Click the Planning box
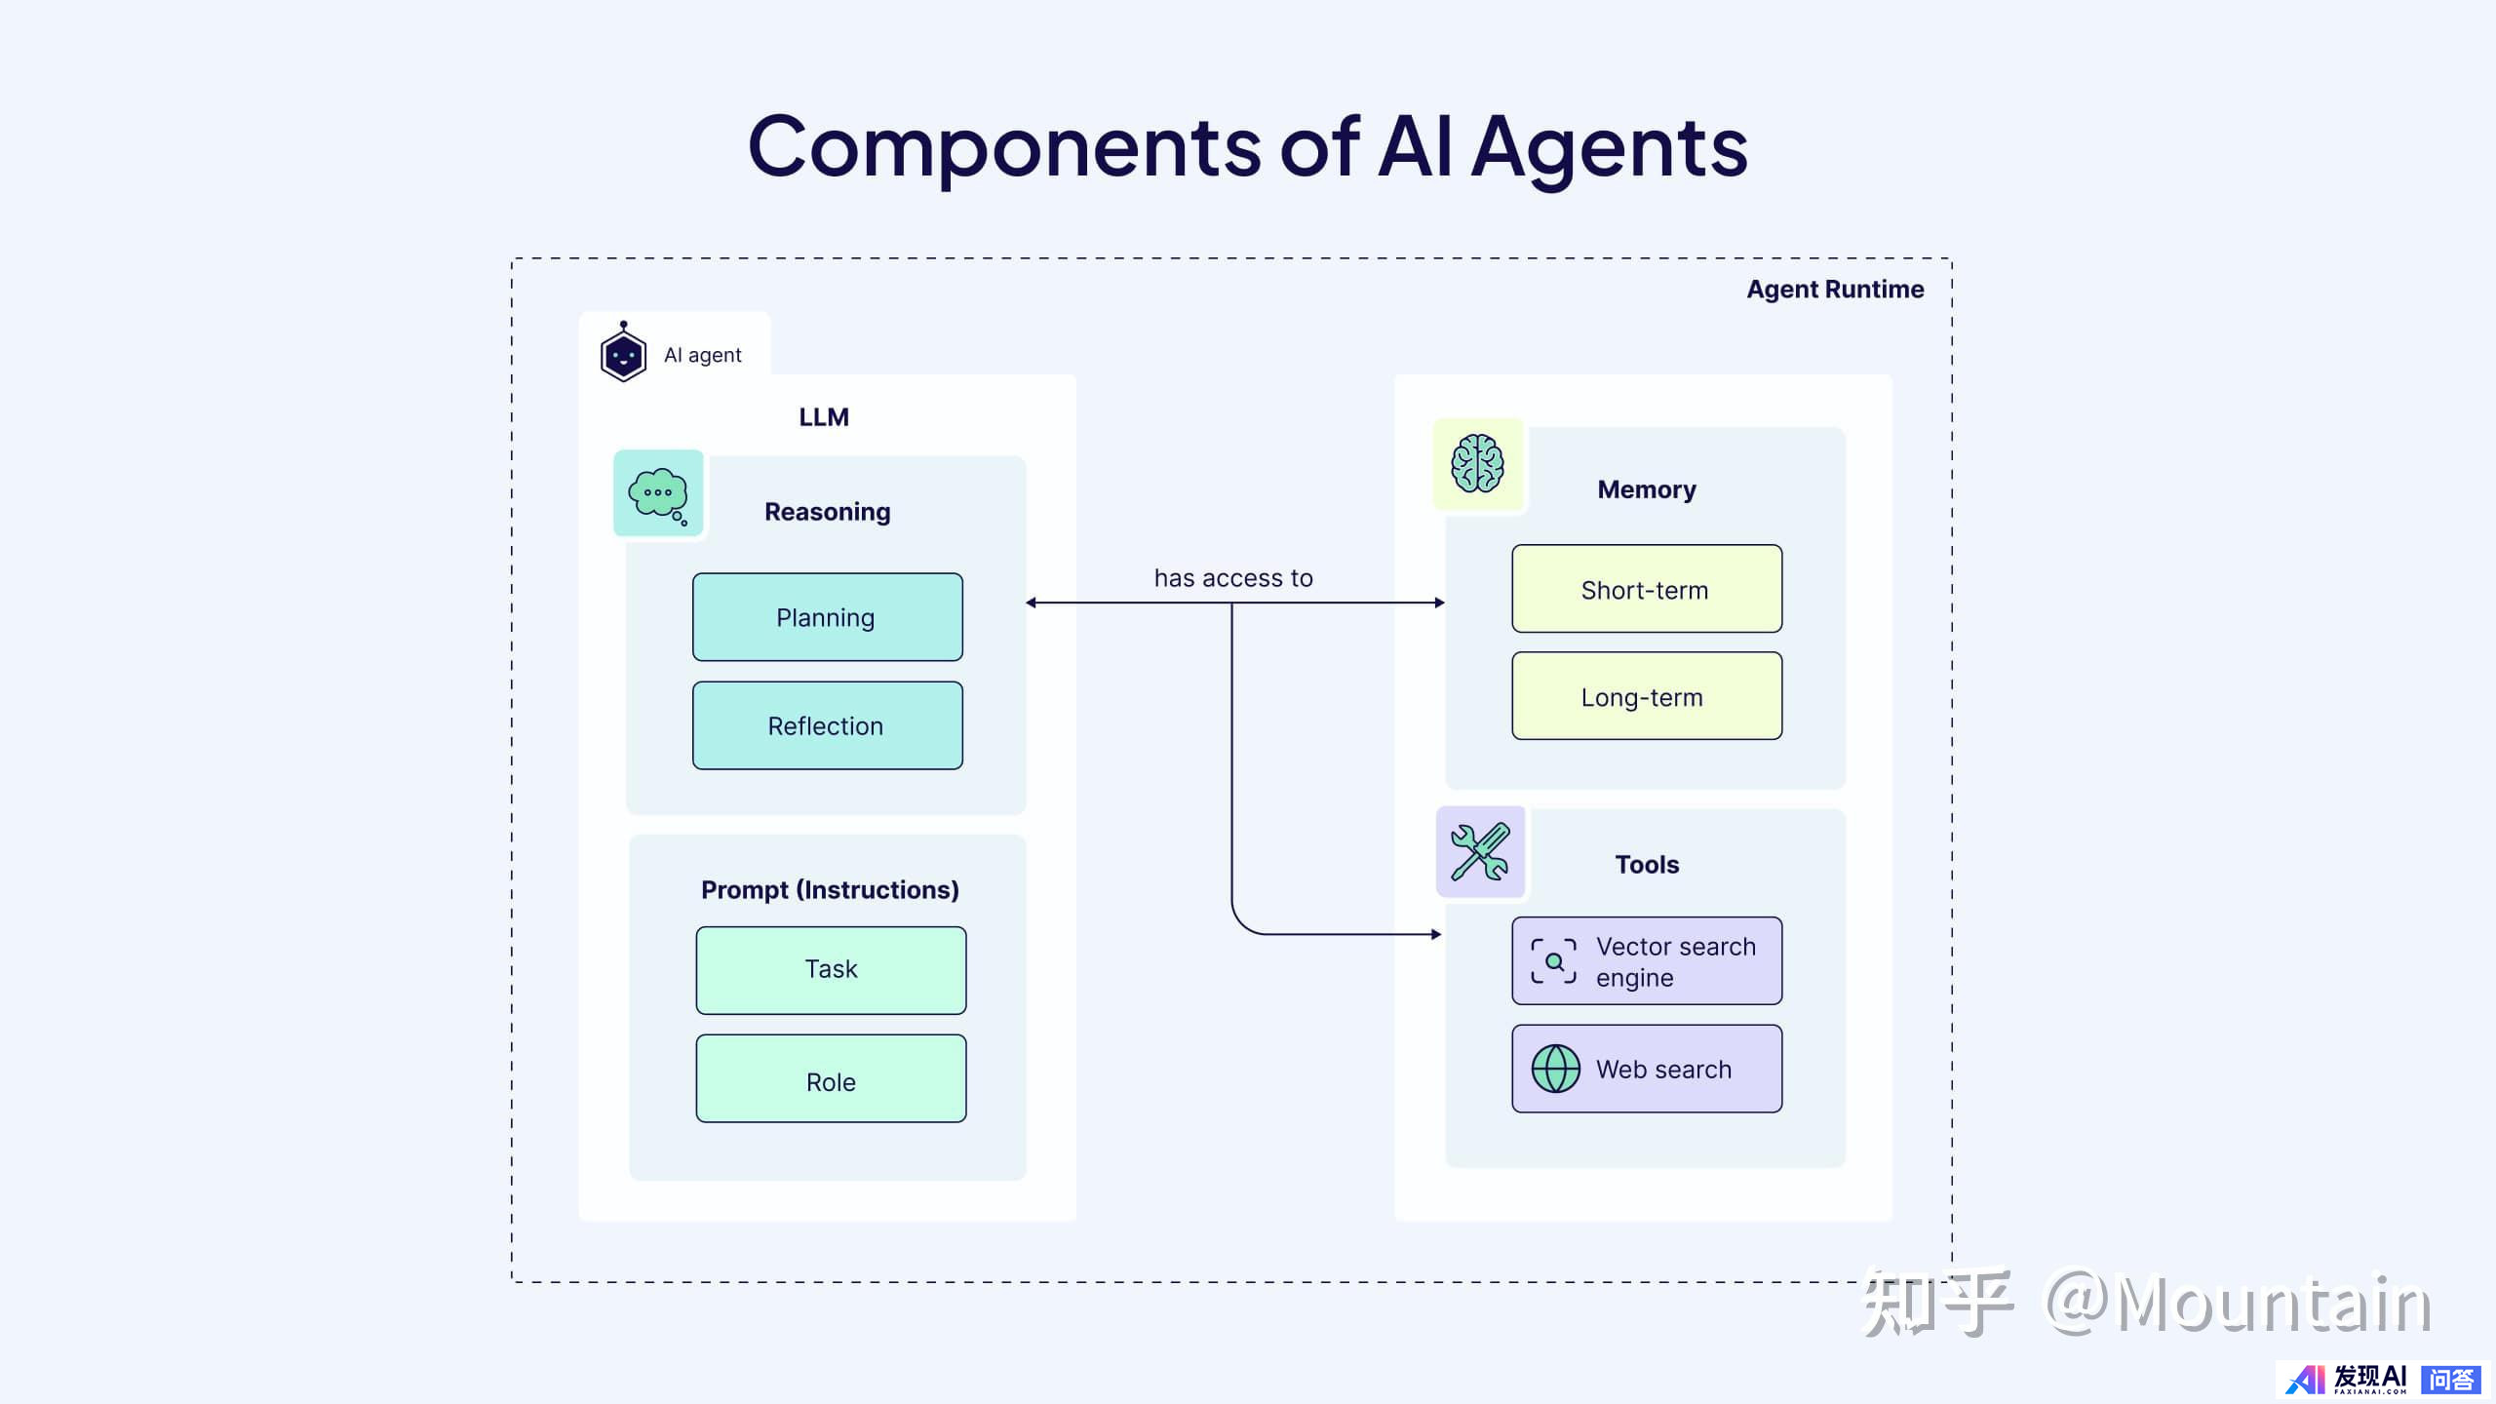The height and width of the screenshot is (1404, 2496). point(827,617)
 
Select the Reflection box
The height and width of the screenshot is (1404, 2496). point(827,725)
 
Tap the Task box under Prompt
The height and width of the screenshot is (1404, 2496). point(831,970)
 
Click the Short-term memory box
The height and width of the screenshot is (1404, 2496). point(1647,589)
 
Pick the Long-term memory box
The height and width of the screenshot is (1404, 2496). point(1647,696)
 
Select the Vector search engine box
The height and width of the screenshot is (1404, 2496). point(1647,960)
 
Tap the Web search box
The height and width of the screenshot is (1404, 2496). point(1647,1069)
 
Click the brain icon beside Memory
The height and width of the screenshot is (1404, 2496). point(1477,464)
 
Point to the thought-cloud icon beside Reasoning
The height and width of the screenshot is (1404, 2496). point(658,493)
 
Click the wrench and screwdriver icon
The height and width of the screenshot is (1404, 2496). point(1479,852)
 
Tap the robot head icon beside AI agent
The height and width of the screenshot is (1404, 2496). point(623,353)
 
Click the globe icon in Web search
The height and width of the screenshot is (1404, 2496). point(1555,1069)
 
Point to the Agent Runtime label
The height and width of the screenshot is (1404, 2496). point(1835,290)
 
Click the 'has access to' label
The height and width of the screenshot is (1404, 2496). point(1233,578)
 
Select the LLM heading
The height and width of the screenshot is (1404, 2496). point(824,417)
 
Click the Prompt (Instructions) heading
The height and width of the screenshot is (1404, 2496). point(830,889)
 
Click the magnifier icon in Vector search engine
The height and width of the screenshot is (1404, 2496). point(1553,961)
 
